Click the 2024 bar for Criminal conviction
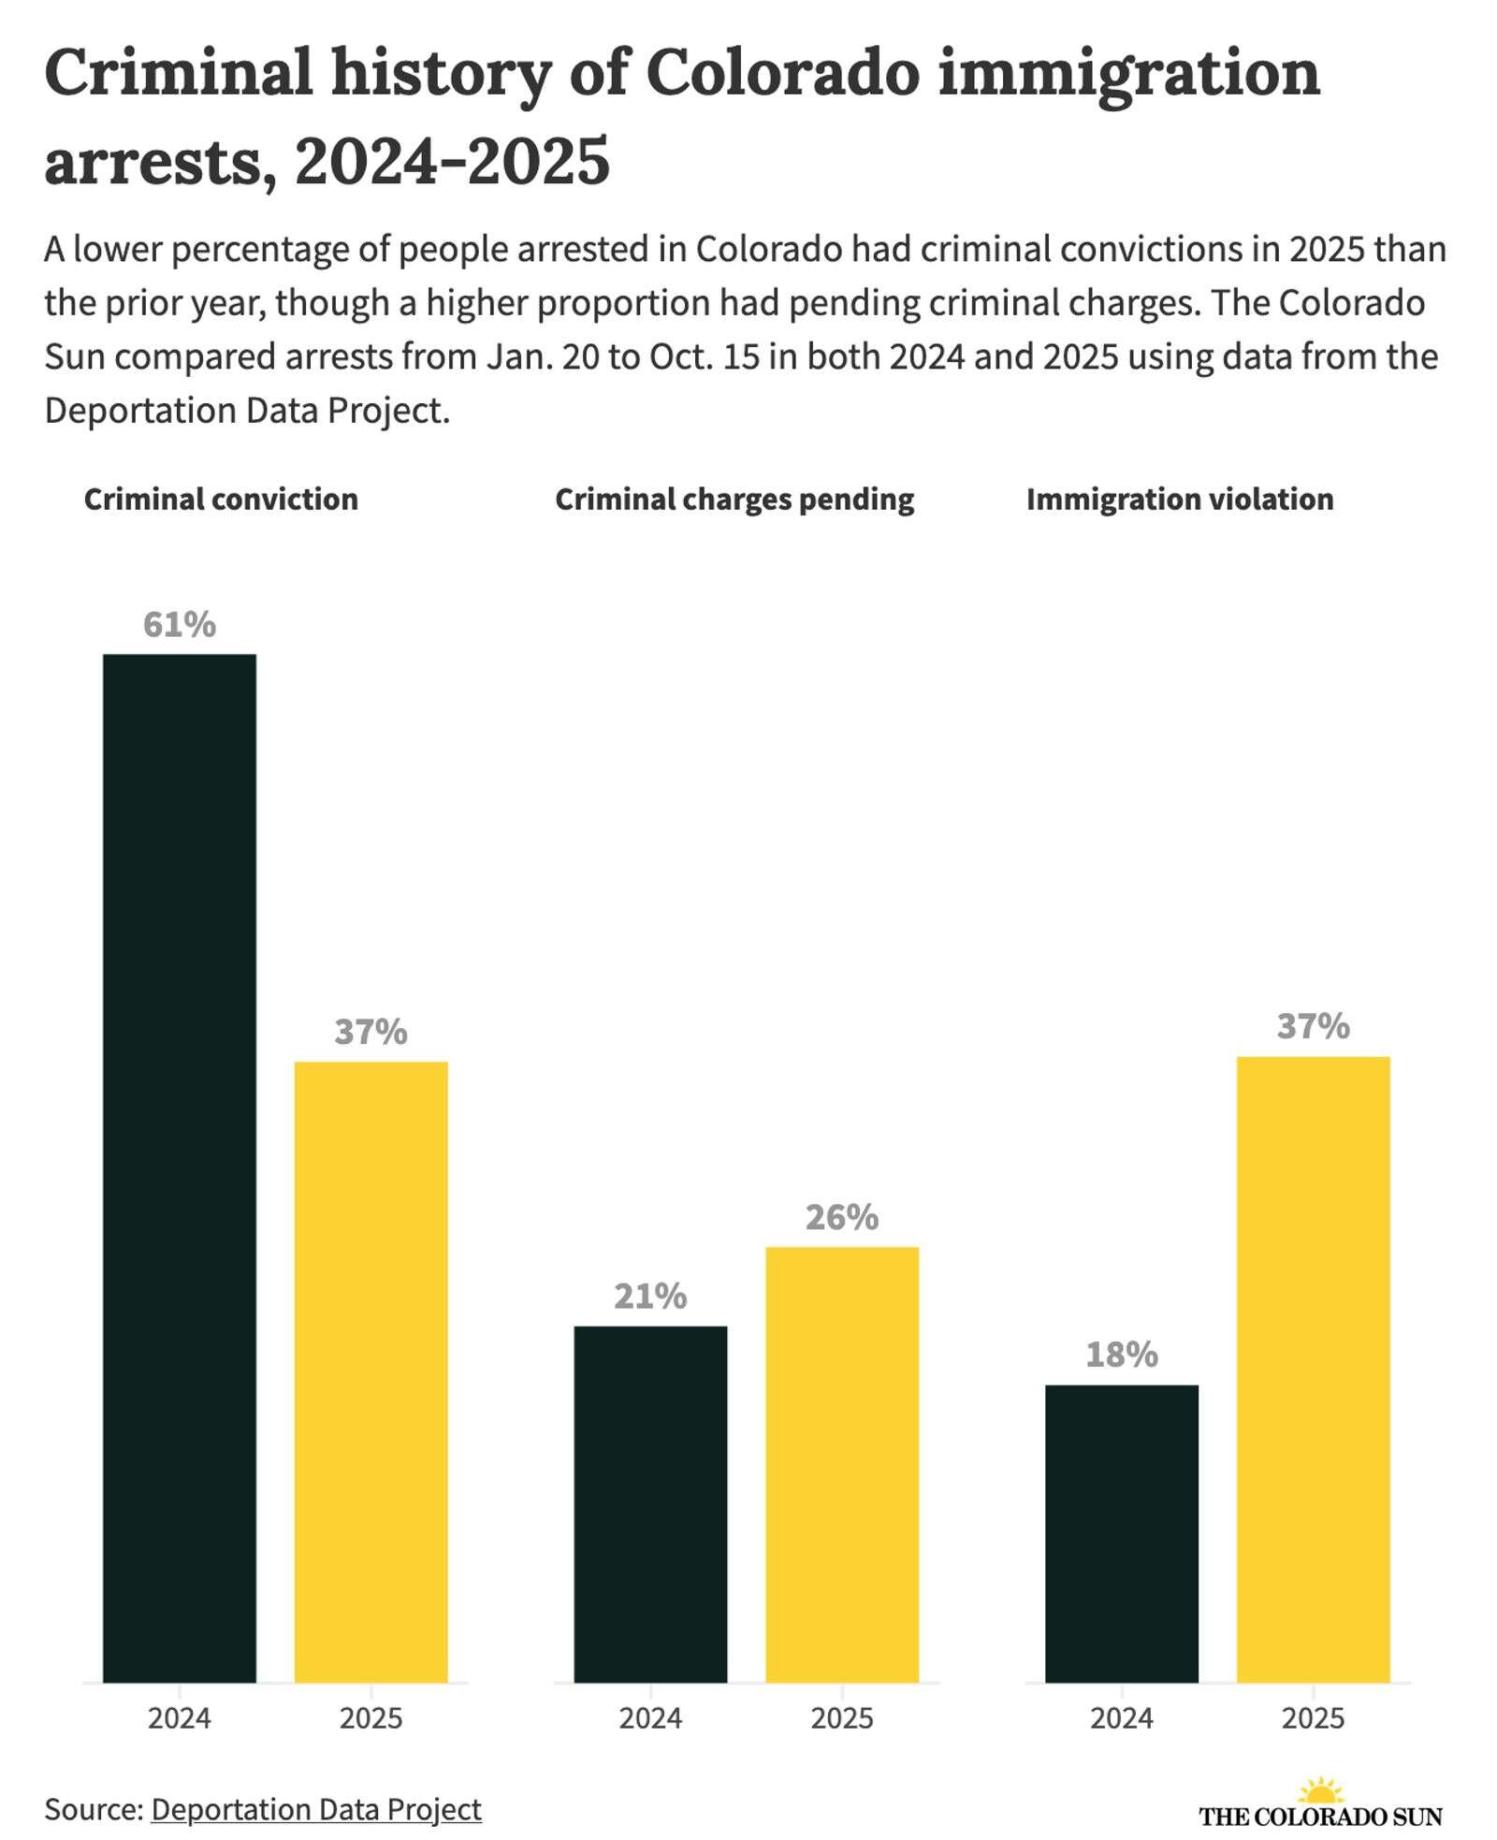coord(179,1169)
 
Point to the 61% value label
coord(179,625)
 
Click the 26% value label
coord(842,1217)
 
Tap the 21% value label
coord(650,1297)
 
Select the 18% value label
coord(1121,1355)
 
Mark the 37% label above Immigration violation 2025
coord(1313,1026)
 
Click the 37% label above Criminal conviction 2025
coord(371,1032)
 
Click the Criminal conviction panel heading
coord(221,500)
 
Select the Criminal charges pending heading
coord(734,500)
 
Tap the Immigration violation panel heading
coord(1180,500)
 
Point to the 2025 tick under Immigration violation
coord(1313,1718)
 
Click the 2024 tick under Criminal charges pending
coord(650,1718)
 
